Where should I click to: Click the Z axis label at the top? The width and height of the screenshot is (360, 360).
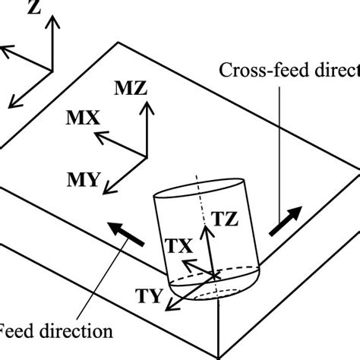33,8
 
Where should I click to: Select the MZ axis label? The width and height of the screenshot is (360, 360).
130,89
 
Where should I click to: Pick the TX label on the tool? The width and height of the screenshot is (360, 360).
180,246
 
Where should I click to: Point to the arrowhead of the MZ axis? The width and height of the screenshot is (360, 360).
146,104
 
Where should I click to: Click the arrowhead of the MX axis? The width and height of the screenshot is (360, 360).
95,136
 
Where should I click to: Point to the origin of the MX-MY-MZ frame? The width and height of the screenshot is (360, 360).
146,155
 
